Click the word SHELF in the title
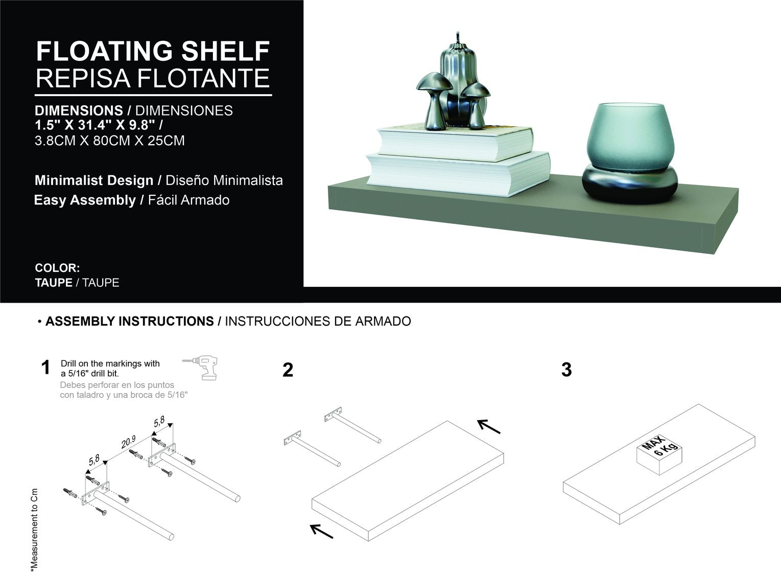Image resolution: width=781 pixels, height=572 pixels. [x=226, y=51]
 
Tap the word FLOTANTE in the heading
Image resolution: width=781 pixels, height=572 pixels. [x=204, y=78]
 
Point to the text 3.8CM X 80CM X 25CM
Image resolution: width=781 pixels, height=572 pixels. [x=109, y=140]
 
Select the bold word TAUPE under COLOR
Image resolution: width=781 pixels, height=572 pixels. [x=53, y=282]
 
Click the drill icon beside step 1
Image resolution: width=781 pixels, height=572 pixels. [x=200, y=368]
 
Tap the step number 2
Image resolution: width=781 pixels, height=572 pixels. [x=288, y=370]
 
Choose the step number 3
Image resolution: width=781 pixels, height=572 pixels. [x=566, y=370]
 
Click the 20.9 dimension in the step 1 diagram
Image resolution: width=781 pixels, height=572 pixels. [x=128, y=443]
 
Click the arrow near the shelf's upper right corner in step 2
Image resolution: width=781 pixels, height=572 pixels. [x=489, y=427]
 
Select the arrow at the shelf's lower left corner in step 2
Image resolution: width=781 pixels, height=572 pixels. [x=321, y=531]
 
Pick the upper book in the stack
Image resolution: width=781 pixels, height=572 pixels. [x=455, y=143]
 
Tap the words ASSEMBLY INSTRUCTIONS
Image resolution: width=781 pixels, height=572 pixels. [x=130, y=321]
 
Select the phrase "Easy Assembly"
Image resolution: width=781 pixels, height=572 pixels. [x=85, y=200]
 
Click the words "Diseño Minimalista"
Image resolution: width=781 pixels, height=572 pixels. [x=224, y=180]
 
